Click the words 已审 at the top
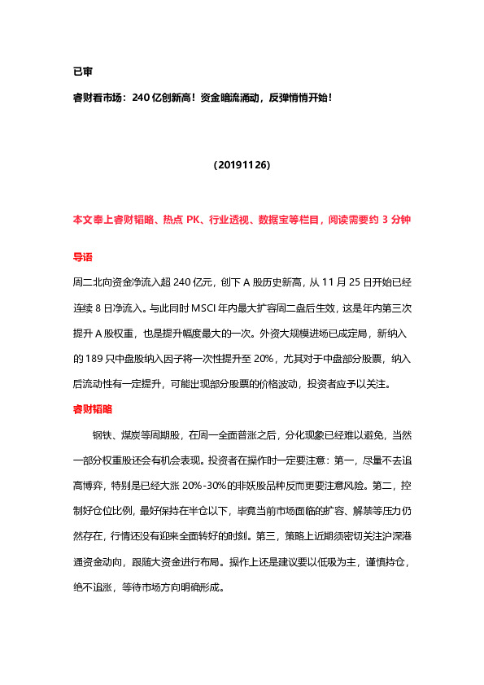tap(82, 72)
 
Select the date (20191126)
tap(242, 164)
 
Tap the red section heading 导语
tap(82, 257)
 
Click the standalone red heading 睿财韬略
tap(93, 408)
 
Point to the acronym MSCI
tap(186, 308)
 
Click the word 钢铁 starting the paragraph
tap(101, 435)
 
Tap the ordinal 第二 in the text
tap(368, 486)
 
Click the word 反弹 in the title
tap(271, 98)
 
